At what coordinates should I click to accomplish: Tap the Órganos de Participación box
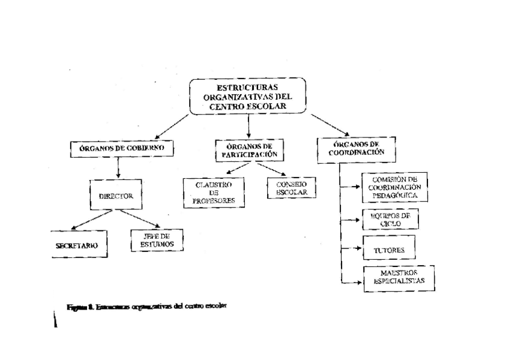click(248, 149)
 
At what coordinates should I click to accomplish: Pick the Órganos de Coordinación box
click(357, 148)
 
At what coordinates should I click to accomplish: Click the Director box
click(116, 196)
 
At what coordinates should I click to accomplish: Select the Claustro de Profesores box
click(214, 192)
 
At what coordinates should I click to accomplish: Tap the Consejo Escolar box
click(292, 188)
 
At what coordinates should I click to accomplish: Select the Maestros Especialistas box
click(399, 277)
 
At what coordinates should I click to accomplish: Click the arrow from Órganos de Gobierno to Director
click(118, 169)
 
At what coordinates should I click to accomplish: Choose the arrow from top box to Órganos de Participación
click(248, 126)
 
